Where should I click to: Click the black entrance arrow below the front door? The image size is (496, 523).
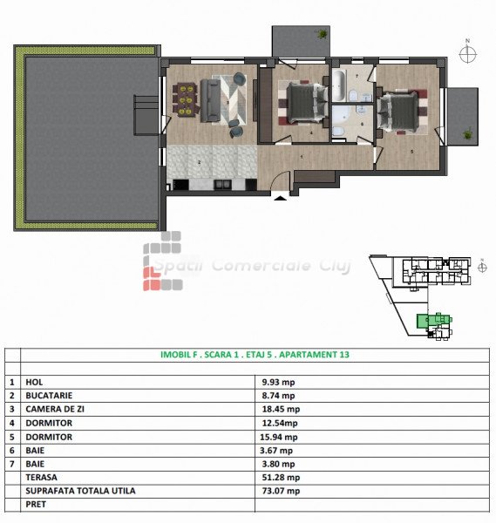281,198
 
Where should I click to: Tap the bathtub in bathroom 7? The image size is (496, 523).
339,85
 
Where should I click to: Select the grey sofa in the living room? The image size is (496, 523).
210,100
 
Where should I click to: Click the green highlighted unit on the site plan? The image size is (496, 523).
434,321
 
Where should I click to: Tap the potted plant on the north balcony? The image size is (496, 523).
323,34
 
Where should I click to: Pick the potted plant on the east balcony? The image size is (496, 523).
467,134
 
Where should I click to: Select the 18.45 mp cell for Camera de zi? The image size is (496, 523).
281,409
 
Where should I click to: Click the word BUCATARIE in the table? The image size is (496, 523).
49,395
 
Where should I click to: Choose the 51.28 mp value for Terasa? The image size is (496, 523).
281,478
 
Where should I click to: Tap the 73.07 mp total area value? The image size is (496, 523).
281,491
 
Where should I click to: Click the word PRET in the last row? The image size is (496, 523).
36,505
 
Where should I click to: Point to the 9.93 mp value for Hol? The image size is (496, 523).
279,382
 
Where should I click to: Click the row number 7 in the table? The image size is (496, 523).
12,464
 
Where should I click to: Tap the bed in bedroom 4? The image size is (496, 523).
307,102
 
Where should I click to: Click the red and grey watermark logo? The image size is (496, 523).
162,261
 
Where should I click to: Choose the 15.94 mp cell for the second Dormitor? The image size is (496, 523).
279,437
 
